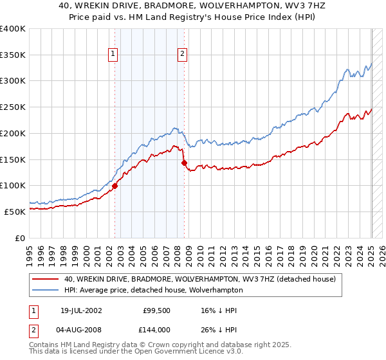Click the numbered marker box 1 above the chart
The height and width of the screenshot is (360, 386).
coord(113,55)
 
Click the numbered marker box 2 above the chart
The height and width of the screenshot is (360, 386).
coord(183,55)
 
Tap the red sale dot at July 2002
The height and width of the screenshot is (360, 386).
coord(115,186)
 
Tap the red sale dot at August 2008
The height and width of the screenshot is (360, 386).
coord(184,163)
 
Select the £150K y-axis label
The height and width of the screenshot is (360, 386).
coord(13,159)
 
